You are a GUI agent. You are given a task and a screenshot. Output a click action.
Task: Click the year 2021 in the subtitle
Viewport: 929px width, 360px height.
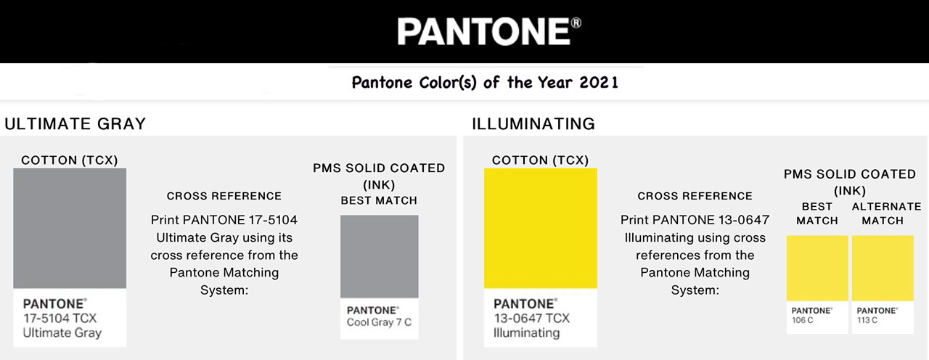click(599, 82)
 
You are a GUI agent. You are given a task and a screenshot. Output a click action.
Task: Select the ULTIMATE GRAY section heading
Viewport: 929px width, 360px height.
click(75, 124)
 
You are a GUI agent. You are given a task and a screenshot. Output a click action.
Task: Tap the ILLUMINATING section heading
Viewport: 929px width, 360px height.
click(533, 124)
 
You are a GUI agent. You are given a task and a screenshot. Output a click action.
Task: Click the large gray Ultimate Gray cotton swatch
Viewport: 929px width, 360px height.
click(70, 229)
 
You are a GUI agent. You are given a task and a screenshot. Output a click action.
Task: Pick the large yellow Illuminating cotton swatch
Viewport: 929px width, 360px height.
click(541, 229)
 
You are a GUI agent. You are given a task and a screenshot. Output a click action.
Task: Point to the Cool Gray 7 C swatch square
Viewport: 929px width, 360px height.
click(380, 256)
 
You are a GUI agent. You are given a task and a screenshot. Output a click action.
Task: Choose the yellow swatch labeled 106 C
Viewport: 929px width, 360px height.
click(817, 268)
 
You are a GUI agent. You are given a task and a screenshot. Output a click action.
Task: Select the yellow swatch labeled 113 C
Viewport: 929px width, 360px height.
click(883, 268)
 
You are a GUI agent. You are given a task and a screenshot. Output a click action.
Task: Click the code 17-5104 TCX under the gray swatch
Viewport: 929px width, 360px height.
click(60, 318)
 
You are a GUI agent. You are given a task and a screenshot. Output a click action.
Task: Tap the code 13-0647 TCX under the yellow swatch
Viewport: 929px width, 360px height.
click(531, 318)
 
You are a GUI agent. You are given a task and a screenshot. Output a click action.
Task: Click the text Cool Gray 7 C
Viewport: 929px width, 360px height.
click(379, 322)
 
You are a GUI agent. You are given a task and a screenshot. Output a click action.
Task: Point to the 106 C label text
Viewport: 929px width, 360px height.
click(803, 320)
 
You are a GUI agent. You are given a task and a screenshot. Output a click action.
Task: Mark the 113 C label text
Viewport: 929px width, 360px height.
click(867, 320)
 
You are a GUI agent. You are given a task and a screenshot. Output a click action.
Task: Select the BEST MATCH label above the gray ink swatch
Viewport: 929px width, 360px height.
click(379, 200)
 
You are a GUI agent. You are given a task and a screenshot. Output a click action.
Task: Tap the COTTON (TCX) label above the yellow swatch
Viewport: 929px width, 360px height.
click(540, 160)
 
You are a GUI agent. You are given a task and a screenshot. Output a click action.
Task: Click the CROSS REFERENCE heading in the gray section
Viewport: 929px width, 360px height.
click(224, 196)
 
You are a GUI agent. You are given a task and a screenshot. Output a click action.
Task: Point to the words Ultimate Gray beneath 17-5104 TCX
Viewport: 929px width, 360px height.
click(62, 333)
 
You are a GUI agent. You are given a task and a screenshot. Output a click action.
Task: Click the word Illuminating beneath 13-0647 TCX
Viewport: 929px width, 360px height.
click(526, 333)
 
